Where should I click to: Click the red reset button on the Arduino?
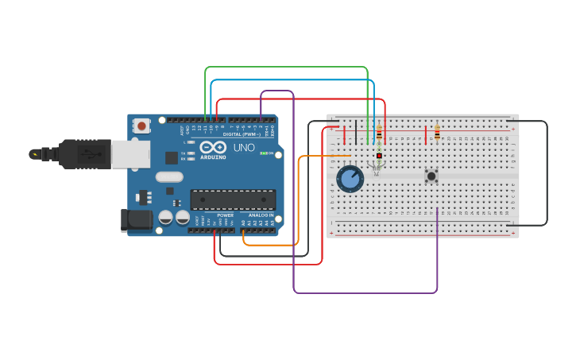(x=141, y=126)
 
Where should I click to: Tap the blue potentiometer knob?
(x=350, y=179)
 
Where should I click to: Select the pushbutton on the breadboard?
(x=431, y=176)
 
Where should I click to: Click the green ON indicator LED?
(x=263, y=153)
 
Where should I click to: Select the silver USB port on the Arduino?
(x=130, y=154)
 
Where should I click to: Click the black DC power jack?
(x=136, y=220)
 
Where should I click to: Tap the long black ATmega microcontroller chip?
(x=233, y=199)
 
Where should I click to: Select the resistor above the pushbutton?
(x=437, y=133)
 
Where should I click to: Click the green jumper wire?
(x=286, y=68)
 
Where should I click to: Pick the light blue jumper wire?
(x=294, y=80)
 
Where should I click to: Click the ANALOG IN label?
(x=261, y=215)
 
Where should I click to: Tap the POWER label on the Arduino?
(x=226, y=215)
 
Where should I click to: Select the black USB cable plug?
(x=79, y=154)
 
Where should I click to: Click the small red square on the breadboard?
(x=379, y=155)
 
